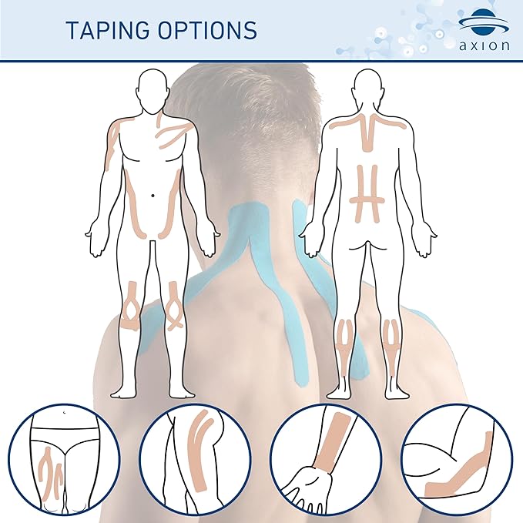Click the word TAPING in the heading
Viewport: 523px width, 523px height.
(108, 30)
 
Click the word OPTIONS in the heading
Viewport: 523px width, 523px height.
(207, 30)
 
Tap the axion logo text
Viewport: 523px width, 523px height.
(484, 45)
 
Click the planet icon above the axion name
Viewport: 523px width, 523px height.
(484, 22)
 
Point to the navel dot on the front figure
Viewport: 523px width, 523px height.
(153, 195)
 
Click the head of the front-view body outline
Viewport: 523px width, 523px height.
(153, 91)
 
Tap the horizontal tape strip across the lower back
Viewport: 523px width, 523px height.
(367, 201)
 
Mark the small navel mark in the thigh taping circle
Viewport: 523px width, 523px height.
(65, 413)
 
